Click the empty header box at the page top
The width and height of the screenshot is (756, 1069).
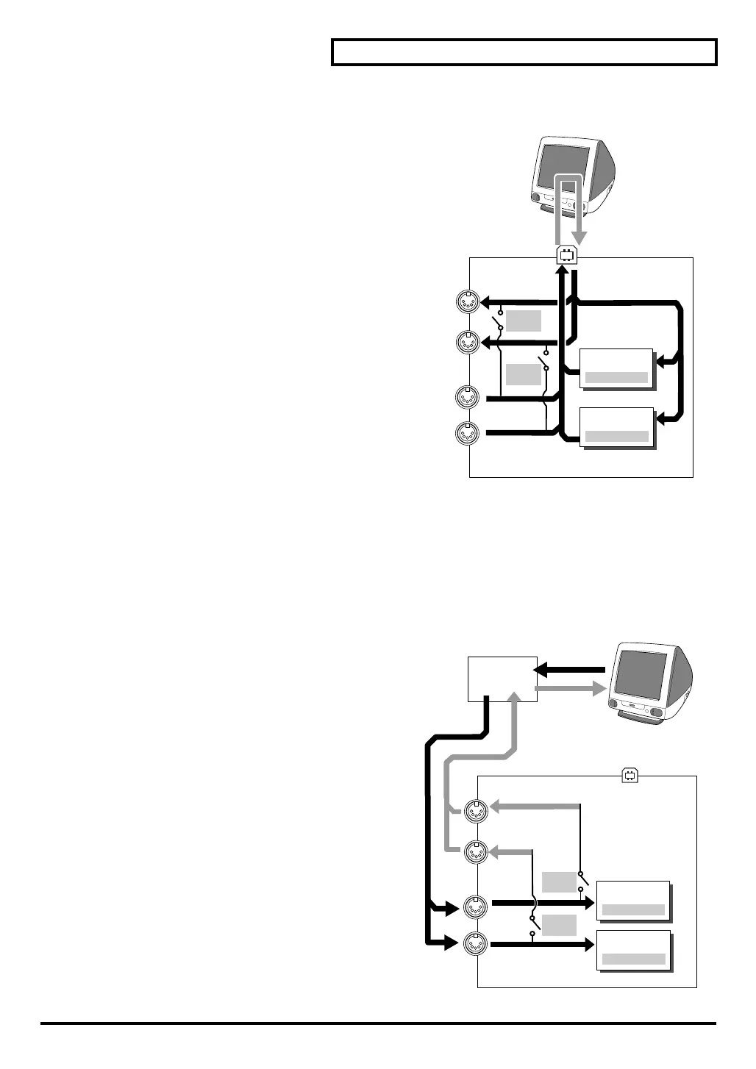(x=524, y=53)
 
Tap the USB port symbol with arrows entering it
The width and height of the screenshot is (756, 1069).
(x=566, y=255)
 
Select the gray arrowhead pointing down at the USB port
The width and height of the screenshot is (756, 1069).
(x=580, y=237)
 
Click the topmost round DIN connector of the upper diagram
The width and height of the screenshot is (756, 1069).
(x=468, y=302)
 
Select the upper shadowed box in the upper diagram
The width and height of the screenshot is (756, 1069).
(x=616, y=368)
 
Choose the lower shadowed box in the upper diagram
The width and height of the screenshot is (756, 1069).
(x=616, y=426)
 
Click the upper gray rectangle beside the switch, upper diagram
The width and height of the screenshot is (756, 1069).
(x=524, y=321)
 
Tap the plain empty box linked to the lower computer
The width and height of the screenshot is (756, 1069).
(x=503, y=679)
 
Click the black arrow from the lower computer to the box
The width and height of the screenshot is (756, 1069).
(x=570, y=670)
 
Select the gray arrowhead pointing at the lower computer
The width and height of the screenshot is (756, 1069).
(x=597, y=689)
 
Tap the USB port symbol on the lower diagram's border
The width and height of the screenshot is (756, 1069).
(x=629, y=775)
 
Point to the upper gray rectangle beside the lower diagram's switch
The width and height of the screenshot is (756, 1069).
(x=559, y=882)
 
